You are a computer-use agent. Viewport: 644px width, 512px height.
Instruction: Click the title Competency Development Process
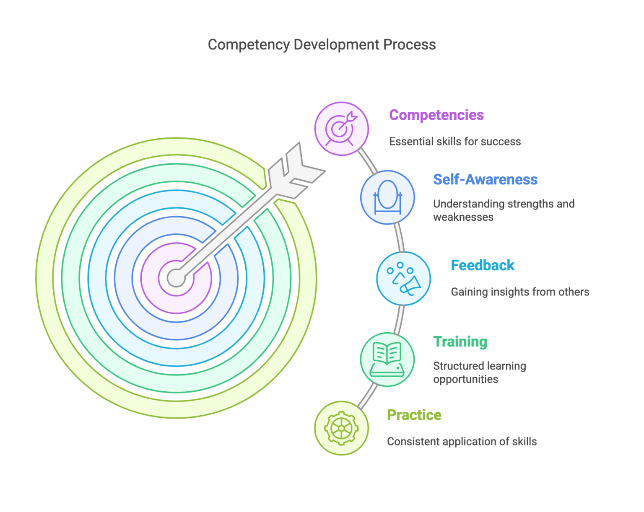[322, 44]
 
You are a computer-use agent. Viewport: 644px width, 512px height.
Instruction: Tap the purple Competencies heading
[436, 115]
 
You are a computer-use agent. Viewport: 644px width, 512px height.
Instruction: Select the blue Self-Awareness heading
[485, 179]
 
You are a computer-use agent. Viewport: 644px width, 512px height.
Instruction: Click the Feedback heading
[482, 265]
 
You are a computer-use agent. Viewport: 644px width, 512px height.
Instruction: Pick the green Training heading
[460, 341]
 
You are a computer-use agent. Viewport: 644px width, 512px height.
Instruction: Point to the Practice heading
[414, 415]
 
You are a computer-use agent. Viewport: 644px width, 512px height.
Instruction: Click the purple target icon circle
[341, 129]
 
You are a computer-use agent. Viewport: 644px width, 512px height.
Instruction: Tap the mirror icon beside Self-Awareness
[387, 197]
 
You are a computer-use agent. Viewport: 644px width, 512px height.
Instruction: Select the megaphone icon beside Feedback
[403, 278]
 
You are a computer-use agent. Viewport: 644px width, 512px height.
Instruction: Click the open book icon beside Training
[387, 359]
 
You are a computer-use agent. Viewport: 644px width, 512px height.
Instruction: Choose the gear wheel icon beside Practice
[341, 428]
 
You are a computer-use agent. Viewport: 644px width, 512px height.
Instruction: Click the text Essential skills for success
[454, 142]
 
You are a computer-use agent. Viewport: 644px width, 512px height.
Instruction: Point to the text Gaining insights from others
[519, 292]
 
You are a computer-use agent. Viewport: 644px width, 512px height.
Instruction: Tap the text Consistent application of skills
[462, 442]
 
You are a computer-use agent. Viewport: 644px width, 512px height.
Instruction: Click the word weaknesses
[463, 217]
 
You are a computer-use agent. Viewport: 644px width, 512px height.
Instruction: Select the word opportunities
[465, 379]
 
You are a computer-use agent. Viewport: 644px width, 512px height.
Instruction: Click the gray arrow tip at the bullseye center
[176, 278]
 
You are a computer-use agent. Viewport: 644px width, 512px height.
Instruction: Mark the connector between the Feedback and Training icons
[399, 319]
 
